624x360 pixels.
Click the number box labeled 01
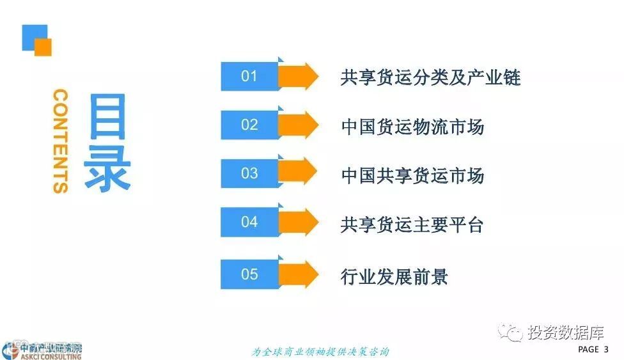tap(249, 77)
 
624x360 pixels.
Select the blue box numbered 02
tap(249, 125)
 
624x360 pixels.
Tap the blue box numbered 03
tap(249, 173)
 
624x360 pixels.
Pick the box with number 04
tap(249, 223)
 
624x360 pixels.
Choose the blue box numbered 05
tap(249, 274)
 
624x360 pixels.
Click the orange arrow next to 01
tap(299, 77)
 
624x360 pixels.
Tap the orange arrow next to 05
tap(299, 274)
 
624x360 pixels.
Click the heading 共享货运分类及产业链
tap(430, 77)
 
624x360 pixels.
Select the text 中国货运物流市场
tap(412, 126)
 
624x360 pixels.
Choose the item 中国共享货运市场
tap(412, 175)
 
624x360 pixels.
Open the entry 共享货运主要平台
tap(412, 224)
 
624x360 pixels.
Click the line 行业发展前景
tap(394, 276)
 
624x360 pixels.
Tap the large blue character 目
tap(107, 118)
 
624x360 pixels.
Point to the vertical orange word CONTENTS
tap(61, 141)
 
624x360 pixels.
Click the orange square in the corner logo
tap(43, 47)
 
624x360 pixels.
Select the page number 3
tap(605, 349)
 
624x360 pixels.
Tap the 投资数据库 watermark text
tap(565, 333)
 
